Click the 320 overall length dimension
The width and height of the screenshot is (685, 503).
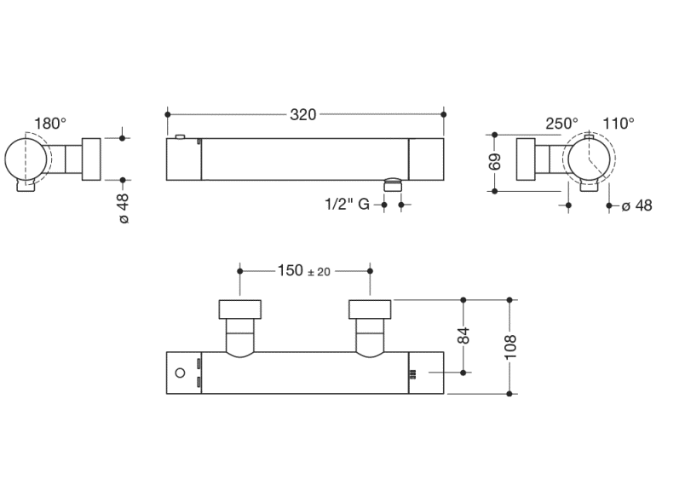coord(303,114)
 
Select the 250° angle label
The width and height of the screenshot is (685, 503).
coord(561,124)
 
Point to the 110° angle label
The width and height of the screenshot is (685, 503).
coord(619,124)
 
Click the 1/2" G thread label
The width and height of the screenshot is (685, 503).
coord(346,205)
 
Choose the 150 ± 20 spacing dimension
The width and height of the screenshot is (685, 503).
coord(304,271)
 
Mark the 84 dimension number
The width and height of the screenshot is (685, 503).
coord(464,335)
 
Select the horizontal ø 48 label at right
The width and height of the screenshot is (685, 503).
coord(636,205)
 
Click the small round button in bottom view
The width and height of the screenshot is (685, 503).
coord(180,373)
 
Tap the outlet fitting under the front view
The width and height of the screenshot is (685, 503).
coord(392,183)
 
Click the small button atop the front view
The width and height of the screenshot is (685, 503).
coord(180,136)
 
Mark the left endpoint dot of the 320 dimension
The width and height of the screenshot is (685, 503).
coord(168,114)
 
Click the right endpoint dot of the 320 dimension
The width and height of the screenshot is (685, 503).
coord(444,114)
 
